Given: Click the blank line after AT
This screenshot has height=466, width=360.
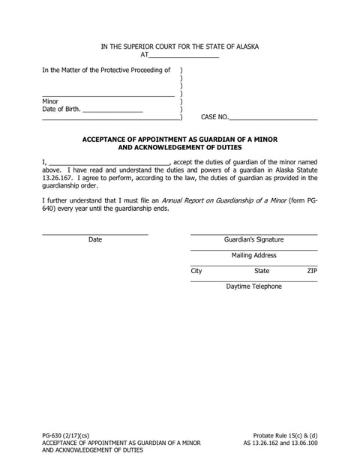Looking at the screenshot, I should [x=184, y=56].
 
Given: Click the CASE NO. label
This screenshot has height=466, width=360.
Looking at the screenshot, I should [x=214, y=117].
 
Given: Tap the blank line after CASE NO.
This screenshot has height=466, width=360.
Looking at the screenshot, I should [x=272, y=118].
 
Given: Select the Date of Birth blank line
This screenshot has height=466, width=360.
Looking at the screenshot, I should [x=112, y=110].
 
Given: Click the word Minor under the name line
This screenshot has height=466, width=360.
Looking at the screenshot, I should [x=50, y=101].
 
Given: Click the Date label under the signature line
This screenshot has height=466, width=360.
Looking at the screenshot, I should [x=95, y=240].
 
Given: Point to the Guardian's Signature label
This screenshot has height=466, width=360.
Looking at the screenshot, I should [x=253, y=240].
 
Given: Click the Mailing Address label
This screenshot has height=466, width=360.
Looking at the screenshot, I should [x=253, y=255].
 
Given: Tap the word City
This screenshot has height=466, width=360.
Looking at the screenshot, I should [x=196, y=271].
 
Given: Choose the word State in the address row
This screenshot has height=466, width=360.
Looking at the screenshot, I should [x=262, y=271].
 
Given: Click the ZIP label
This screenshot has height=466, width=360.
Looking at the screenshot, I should [x=312, y=271].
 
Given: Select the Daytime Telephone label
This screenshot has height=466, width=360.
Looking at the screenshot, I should [x=253, y=287].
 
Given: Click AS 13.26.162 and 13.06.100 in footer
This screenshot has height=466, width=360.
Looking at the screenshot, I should [x=280, y=443].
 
